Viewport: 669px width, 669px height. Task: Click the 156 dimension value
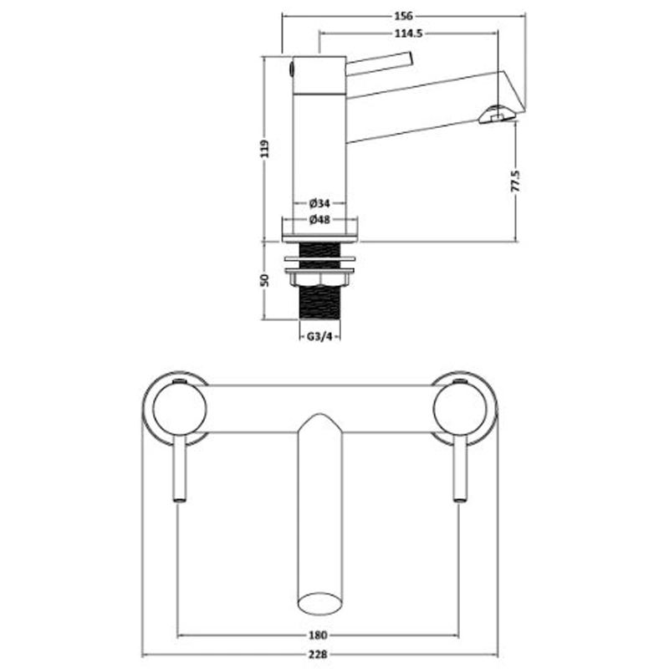coord(403,16)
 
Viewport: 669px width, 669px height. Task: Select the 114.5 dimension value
coord(408,33)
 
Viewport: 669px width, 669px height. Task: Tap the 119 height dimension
coord(265,149)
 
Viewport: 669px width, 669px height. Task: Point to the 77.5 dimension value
coord(516,181)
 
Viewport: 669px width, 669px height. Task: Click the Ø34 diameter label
coord(319,203)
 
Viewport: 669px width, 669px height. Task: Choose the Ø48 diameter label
coord(319,220)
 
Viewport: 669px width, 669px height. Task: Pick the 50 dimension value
coord(265,280)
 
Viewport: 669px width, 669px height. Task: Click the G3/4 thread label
coord(319,337)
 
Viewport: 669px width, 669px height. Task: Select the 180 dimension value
coord(318,636)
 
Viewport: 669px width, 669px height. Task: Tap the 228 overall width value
coord(318,654)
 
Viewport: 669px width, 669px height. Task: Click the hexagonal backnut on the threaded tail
coord(319,280)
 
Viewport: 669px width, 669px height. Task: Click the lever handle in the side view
coord(380,64)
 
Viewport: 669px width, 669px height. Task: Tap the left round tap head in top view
coord(180,408)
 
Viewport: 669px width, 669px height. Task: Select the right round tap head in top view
coord(460,408)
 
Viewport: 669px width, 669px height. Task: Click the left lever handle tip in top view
coord(180,498)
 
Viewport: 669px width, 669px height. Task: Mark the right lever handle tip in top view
coord(460,498)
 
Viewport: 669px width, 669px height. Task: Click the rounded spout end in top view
coord(320,603)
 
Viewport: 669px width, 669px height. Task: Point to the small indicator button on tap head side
coord(291,69)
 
